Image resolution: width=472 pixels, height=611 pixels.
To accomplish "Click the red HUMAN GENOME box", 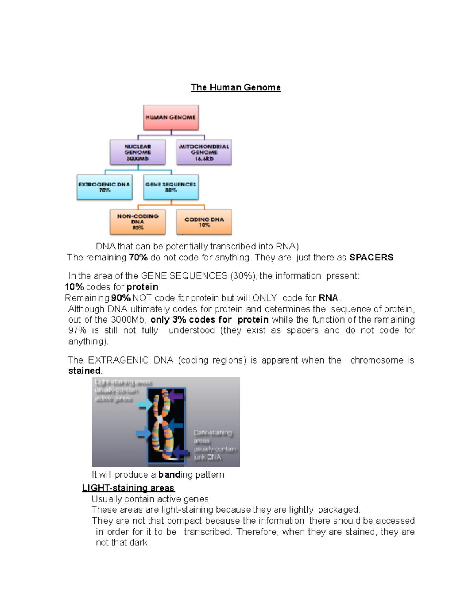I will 171,117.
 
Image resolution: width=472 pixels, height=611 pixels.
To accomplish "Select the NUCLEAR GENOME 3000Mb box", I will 138,152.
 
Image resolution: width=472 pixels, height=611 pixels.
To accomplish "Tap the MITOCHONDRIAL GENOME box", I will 204,152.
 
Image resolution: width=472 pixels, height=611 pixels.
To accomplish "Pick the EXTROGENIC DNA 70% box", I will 104,187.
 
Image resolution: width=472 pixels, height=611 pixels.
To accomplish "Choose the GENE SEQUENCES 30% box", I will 171,187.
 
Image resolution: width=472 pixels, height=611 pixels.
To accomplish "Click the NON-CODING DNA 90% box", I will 138,222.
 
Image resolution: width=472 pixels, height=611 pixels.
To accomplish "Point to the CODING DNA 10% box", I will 204,222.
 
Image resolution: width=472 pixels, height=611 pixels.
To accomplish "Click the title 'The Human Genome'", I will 236,87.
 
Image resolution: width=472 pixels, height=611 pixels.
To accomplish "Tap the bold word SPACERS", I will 371,257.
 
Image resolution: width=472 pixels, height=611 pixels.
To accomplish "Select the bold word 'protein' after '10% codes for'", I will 142,287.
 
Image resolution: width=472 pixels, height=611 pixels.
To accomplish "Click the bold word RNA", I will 328,298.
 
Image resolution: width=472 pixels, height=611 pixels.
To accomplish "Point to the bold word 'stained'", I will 84,371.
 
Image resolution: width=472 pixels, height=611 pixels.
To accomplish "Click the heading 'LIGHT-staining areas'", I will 128,488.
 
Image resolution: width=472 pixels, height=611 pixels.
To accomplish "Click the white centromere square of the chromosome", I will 160,419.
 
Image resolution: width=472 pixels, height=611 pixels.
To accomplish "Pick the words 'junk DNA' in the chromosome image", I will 207,457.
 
